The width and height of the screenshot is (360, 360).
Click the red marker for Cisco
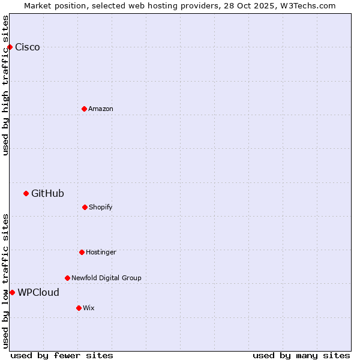pos(10,47)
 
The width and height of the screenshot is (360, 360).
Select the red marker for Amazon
pos(84,109)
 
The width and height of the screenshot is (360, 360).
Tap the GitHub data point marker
pos(26,193)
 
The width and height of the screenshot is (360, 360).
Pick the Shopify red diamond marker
pos(85,207)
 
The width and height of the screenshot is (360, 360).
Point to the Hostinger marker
pos(82,252)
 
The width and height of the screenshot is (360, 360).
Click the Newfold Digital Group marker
pos(67,278)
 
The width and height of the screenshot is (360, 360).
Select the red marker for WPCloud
pos(12,292)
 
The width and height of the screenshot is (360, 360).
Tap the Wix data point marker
pos(79,308)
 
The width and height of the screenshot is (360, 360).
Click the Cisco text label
pos(28,47)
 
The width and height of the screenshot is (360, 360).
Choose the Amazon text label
pos(101,109)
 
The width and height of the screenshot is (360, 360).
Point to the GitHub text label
pos(47,193)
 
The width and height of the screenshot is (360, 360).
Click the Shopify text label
pos(101,207)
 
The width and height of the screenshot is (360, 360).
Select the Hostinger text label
pos(101,252)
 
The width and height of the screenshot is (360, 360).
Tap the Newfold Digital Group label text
pos(106,278)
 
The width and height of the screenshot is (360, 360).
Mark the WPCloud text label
pos(38,292)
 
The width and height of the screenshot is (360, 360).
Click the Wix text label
pos(89,308)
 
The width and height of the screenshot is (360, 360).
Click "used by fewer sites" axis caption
pos(62,355)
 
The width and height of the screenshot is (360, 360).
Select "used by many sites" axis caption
pos(301,355)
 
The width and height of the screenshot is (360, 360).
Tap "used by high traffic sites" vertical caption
pos(6,85)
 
